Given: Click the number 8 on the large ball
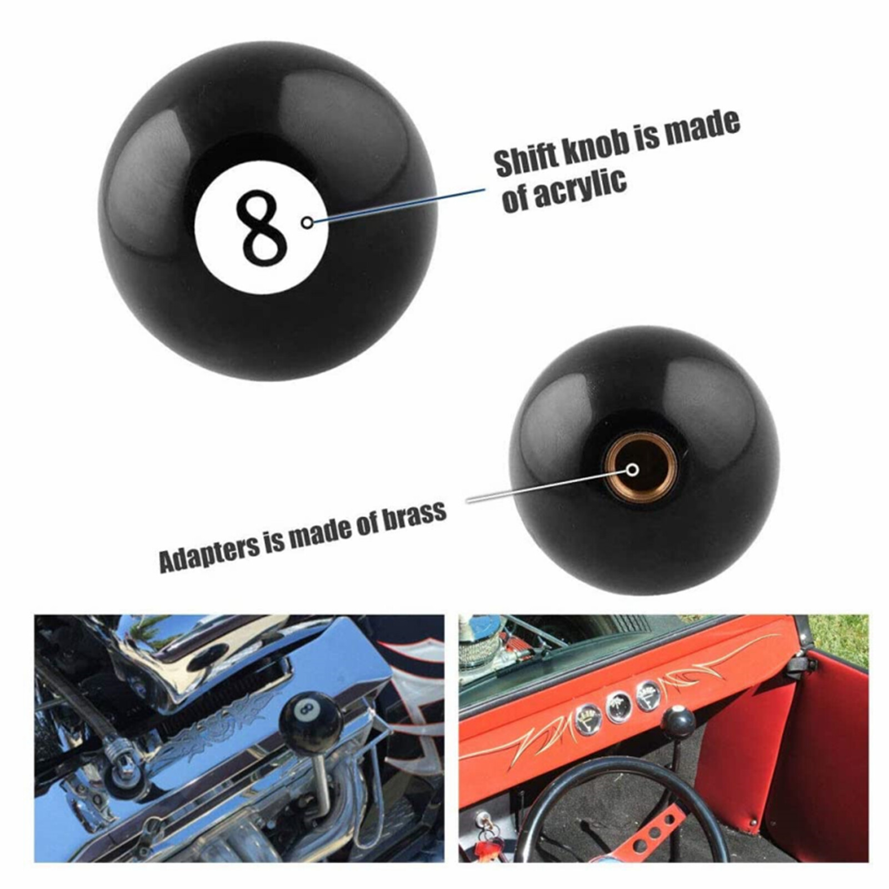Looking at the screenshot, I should [x=261, y=228].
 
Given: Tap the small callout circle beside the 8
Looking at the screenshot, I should [x=307, y=222].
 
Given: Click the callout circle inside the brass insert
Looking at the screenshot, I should [x=632, y=470].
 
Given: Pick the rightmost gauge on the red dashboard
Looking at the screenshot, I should [x=648, y=695].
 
